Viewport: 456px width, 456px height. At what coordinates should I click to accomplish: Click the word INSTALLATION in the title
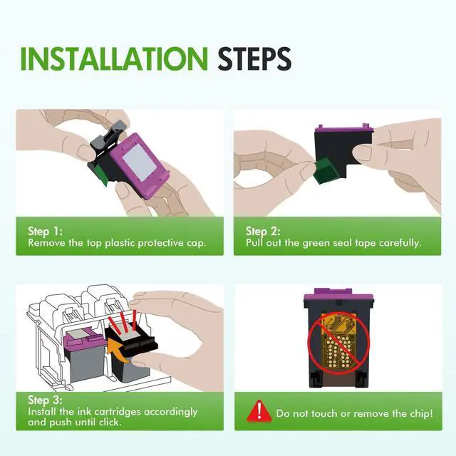pos(114,58)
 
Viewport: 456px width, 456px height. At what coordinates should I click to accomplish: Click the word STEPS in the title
pos(254,58)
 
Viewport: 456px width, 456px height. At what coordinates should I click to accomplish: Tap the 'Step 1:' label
pos(45,232)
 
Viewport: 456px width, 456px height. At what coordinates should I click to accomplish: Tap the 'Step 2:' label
pos(263,232)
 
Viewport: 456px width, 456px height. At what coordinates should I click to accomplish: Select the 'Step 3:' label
pos(45,400)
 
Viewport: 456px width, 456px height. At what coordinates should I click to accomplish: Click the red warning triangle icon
pos(259,411)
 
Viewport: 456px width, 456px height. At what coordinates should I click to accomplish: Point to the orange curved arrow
pos(118,351)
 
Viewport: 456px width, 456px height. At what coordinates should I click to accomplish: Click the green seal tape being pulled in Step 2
pos(325,171)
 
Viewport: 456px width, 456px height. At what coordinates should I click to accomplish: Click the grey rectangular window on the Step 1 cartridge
pos(140,162)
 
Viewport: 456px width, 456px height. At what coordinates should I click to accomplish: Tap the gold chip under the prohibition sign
pos(338,343)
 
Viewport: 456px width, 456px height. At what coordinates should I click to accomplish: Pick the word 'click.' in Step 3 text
pos(110,422)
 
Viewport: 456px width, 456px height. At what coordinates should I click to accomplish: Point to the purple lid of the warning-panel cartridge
pos(338,296)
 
